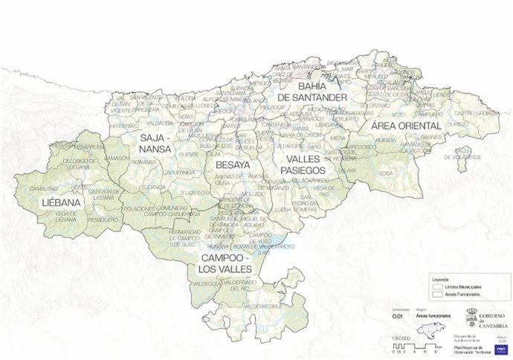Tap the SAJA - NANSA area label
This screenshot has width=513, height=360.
155,144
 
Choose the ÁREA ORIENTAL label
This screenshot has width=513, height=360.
406,126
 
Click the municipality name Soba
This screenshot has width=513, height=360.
385,173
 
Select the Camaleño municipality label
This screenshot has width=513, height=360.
43,188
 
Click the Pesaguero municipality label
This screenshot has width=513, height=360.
103,220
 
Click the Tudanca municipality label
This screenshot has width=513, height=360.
155,187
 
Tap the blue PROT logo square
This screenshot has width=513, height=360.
500,347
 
